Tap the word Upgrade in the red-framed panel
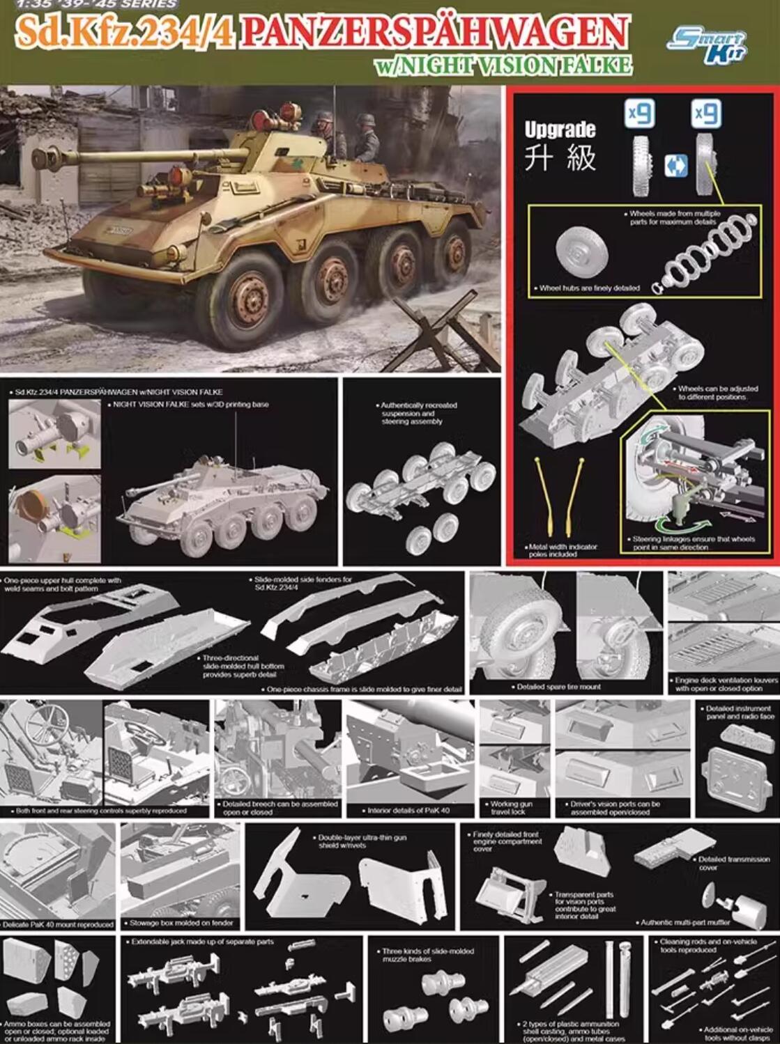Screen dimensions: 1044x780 coord(560,130)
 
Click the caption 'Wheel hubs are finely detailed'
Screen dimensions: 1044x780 coord(588,288)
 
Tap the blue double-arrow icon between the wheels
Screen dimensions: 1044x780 coord(675,166)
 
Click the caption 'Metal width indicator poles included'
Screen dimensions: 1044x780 coord(562,550)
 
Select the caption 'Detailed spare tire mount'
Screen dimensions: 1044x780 coord(558,687)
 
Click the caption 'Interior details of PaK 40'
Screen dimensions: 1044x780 coord(408,811)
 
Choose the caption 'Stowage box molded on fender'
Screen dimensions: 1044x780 coord(181,923)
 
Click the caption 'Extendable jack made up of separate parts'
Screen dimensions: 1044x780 coord(202,942)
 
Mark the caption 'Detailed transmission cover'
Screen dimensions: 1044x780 coord(733,863)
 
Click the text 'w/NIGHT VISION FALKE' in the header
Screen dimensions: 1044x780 coord(503,65)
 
